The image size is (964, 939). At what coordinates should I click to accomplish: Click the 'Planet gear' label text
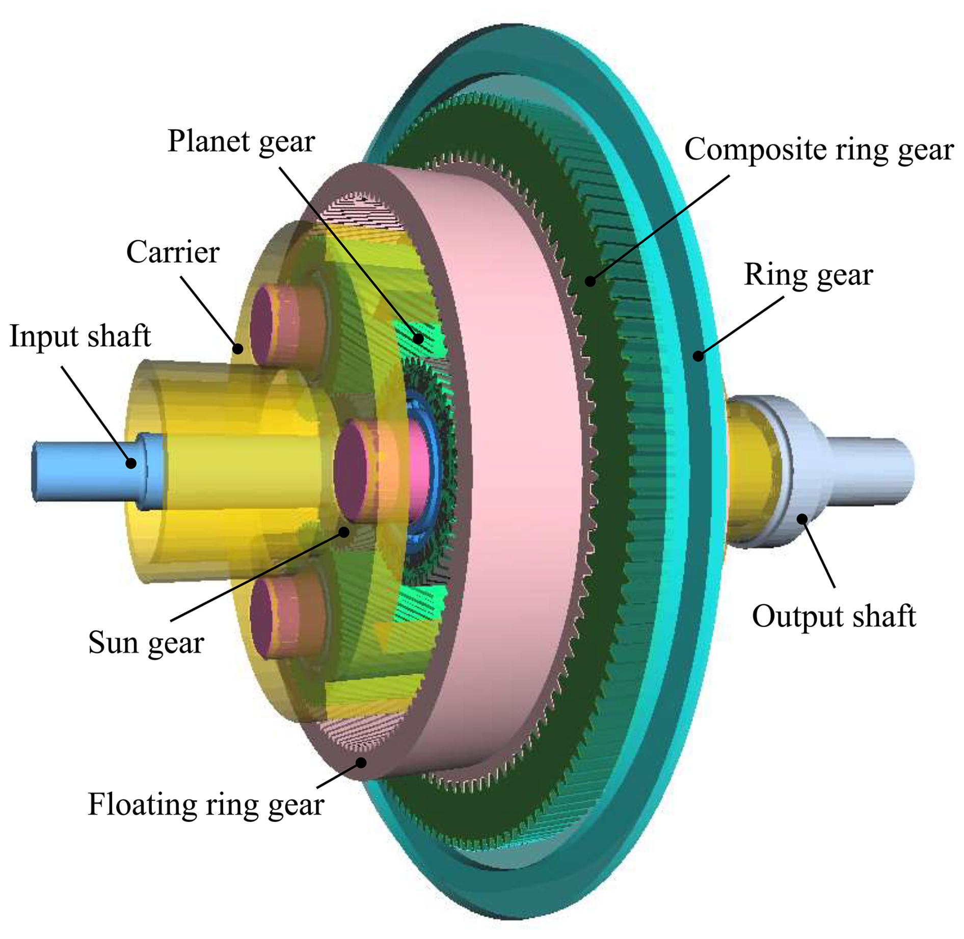pyautogui.click(x=241, y=141)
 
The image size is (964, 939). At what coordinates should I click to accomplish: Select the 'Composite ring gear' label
pyautogui.click(x=818, y=150)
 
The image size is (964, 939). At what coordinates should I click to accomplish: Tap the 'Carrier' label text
pyautogui.click(x=173, y=252)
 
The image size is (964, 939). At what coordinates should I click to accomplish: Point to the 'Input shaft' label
pyautogui.click(x=80, y=336)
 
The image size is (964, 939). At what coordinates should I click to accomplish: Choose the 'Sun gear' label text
pyautogui.click(x=146, y=642)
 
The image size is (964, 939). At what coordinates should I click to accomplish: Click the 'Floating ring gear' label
pyautogui.click(x=206, y=804)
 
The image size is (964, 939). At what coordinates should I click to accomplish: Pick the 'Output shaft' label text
pyautogui.click(x=834, y=616)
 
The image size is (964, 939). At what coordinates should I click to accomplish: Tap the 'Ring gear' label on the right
pyautogui.click(x=808, y=275)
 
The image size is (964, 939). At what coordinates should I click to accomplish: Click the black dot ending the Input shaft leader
pyautogui.click(x=131, y=463)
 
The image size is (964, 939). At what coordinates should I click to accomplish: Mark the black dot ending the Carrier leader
pyautogui.click(x=237, y=349)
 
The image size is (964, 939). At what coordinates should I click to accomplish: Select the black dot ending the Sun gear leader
pyautogui.click(x=344, y=532)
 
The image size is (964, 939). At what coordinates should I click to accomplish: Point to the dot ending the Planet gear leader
pyautogui.click(x=418, y=338)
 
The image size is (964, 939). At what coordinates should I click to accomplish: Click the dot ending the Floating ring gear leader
pyautogui.click(x=361, y=763)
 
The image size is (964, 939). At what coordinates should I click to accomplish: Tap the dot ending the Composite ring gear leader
pyautogui.click(x=590, y=281)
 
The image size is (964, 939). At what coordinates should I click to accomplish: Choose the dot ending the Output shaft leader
pyautogui.click(x=802, y=519)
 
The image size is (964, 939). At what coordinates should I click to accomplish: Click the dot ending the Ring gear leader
pyautogui.click(x=698, y=356)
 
